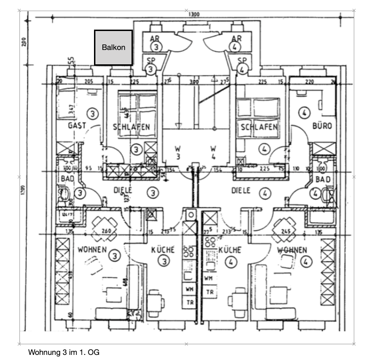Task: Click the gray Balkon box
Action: [x=113, y=47]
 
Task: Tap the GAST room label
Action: [x=77, y=125]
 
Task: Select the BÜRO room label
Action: [x=321, y=125]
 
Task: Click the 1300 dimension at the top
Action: [x=194, y=14]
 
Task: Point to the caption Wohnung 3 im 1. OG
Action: [x=64, y=352]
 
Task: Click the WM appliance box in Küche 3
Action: [x=189, y=289]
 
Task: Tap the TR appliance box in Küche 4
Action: [x=210, y=292]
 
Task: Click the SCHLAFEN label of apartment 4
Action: [x=258, y=127]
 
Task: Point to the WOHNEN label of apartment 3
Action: [x=92, y=250]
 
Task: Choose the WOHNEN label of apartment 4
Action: [x=292, y=250]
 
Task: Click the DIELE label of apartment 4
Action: [x=241, y=190]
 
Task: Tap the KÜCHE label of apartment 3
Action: [x=163, y=250]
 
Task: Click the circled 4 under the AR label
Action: [x=236, y=47]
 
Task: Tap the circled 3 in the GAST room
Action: [x=93, y=113]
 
